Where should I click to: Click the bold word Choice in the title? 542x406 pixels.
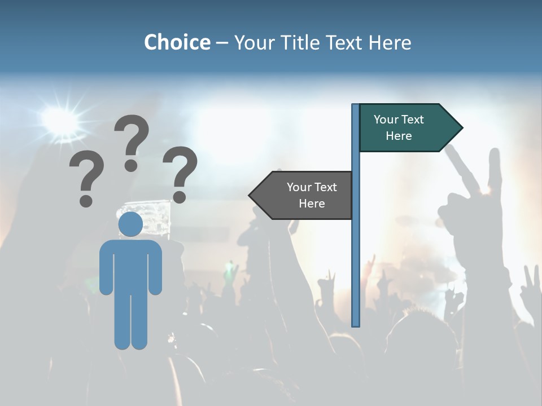[x=177, y=42]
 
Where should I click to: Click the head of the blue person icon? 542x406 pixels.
[x=130, y=224]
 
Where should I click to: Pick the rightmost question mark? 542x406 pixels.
[x=180, y=174]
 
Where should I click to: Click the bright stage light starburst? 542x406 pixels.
[x=60, y=120]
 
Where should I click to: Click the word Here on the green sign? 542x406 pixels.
[x=399, y=136]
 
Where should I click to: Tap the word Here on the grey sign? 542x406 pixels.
[x=312, y=204]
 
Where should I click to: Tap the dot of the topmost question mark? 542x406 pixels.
[x=131, y=165]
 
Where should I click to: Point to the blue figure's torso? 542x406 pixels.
[x=130, y=265]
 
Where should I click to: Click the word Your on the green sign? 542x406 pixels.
[x=386, y=120]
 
